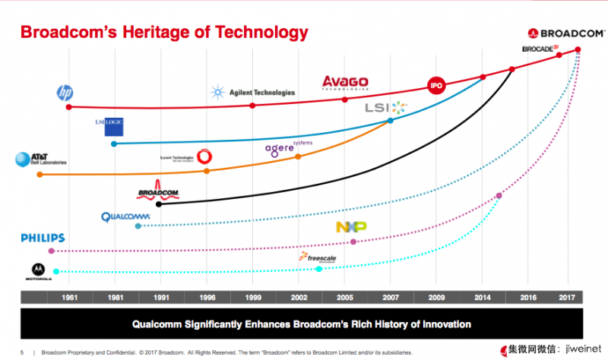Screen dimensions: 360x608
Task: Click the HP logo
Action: (65, 93)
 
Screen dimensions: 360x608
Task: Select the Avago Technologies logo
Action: (345, 82)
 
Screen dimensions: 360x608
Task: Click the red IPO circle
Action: (436, 86)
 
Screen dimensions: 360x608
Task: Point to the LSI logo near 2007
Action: (386, 108)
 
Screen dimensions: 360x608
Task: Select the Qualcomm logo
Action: (126, 216)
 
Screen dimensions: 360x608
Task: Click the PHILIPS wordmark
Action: (43, 238)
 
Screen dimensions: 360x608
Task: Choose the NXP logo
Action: (351, 227)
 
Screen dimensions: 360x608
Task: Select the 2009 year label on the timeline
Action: (436, 297)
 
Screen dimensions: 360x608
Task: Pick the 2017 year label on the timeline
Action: (566, 297)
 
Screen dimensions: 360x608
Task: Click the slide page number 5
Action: (22, 352)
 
